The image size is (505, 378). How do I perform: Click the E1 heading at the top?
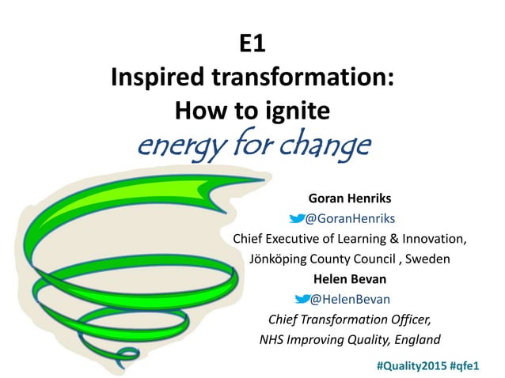click(252, 45)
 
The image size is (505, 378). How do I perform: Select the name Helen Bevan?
click(342, 279)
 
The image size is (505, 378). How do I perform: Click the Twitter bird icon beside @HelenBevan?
click(301, 300)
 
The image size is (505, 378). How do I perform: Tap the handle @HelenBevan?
click(349, 300)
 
